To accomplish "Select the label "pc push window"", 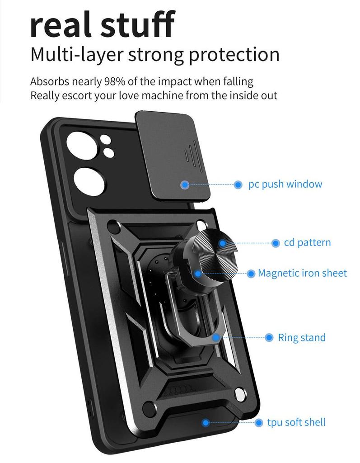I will tap(285, 184).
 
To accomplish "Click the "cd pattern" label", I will tap(307, 243).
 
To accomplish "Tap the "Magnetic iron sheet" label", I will tap(302, 273).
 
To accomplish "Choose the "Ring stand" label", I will tap(301, 338).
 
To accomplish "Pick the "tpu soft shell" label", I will tap(296, 423).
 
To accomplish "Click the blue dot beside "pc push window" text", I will tap(238, 184).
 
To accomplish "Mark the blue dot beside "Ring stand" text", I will tap(269, 338).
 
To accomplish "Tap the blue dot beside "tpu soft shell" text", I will tap(259, 423).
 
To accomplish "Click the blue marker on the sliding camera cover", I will tap(185, 184).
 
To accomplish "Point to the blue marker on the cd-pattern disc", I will tap(222, 243).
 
